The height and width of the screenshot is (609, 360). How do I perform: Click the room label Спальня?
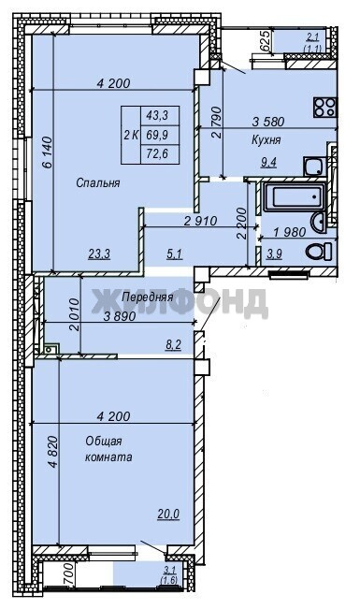tap(98, 183)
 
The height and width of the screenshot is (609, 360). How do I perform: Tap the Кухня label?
tap(266, 139)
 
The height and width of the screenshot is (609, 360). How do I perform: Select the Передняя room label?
tap(147, 297)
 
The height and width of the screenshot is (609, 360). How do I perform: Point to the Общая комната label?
tap(108, 449)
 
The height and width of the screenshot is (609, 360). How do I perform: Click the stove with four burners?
tap(324, 108)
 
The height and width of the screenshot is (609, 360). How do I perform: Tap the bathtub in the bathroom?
tap(295, 196)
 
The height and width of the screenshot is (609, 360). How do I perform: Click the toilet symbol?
tap(319, 251)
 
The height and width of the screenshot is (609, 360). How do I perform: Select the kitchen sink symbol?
tap(314, 167)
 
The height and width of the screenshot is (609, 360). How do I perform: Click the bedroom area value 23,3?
tap(99, 254)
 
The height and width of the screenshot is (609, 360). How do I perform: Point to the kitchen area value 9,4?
tap(268, 163)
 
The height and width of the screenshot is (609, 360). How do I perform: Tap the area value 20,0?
tap(168, 514)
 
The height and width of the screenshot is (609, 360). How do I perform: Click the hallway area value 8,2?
tap(173, 344)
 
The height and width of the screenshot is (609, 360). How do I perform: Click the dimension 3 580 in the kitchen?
tap(268, 122)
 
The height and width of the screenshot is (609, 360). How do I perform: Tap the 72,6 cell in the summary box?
tap(157, 153)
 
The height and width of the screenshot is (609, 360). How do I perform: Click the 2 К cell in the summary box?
tap(131, 135)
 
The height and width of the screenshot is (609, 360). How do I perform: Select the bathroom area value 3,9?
tap(274, 254)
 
